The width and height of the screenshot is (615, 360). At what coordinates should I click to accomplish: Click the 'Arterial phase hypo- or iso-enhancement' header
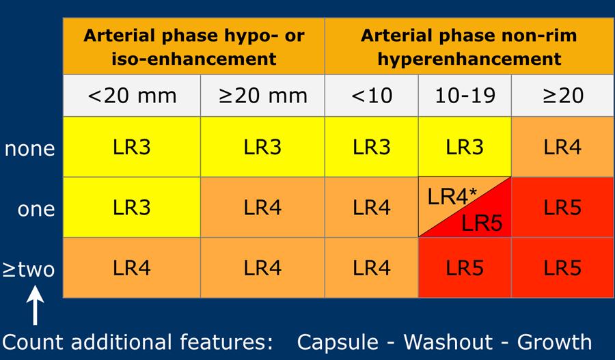tap(194, 46)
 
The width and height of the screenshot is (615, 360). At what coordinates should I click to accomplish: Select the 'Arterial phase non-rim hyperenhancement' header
tap(468, 46)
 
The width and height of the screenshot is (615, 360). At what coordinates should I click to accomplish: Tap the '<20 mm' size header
tap(132, 95)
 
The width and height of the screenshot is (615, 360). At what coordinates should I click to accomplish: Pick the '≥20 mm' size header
tap(263, 95)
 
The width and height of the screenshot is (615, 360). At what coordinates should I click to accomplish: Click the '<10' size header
tap(372, 95)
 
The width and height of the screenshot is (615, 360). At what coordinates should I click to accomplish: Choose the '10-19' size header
tap(465, 95)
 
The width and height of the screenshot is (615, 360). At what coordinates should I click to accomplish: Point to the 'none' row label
tap(29, 148)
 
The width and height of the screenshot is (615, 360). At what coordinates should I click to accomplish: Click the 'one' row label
tap(36, 208)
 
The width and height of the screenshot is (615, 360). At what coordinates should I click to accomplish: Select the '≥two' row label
tap(28, 268)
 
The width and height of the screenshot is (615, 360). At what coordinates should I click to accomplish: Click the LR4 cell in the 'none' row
tap(563, 148)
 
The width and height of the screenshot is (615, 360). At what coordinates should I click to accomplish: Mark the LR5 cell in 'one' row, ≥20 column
tap(563, 208)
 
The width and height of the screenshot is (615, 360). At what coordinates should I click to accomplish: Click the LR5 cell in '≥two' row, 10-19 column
tap(465, 268)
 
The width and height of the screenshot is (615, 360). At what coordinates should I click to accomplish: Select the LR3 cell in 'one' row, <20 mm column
tap(132, 208)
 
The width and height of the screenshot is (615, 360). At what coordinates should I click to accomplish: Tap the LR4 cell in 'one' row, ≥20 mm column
tap(263, 208)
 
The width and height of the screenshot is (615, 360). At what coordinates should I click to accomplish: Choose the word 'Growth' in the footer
tap(554, 341)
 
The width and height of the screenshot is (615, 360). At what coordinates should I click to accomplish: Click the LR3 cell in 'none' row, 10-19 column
tap(465, 148)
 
